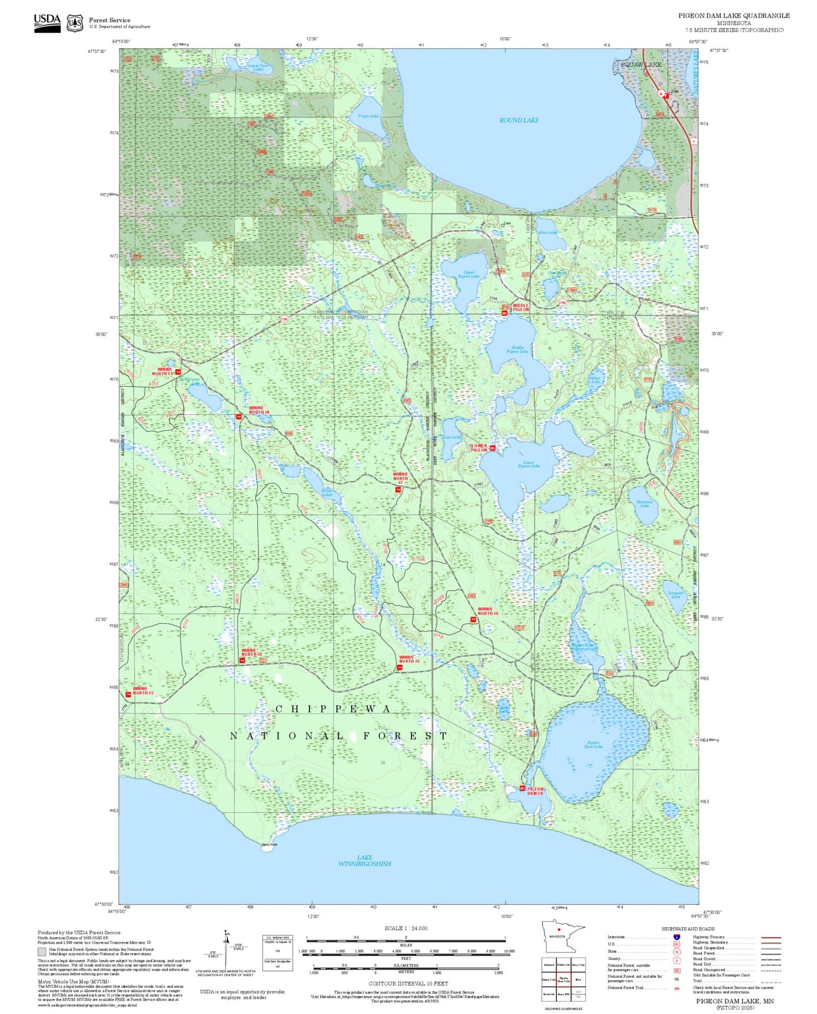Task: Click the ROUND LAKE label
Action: pyautogui.click(x=518, y=120)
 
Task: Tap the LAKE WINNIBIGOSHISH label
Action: pyautogui.click(x=365, y=860)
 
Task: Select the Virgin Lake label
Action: pyautogui.click(x=368, y=116)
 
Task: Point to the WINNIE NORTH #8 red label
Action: pyautogui.click(x=259, y=410)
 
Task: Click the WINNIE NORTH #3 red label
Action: pyautogui.click(x=143, y=691)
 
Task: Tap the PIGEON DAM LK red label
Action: pyautogui.click(x=535, y=791)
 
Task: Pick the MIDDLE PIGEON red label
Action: pyautogui.click(x=521, y=307)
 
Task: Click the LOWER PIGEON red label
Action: pyautogui.click(x=479, y=448)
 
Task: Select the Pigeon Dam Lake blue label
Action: pyautogui.click(x=593, y=744)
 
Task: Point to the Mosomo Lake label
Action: pyautogui.click(x=644, y=504)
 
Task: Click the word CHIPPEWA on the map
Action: pyautogui.click(x=333, y=709)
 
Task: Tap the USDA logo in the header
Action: pyautogui.click(x=47, y=22)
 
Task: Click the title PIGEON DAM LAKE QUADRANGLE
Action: pyautogui.click(x=733, y=16)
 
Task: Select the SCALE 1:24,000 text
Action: pyautogui.click(x=406, y=928)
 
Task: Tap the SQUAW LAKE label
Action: pyautogui.click(x=641, y=65)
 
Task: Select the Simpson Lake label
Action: pyautogui.click(x=676, y=595)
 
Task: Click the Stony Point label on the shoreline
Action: pyautogui.click(x=269, y=844)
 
